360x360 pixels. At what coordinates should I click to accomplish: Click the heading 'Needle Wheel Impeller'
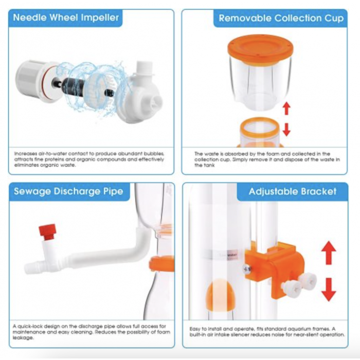tap(66, 17)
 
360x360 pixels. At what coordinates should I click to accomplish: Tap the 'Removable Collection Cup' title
tap(281, 18)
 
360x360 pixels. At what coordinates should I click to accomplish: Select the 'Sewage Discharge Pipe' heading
tap(68, 191)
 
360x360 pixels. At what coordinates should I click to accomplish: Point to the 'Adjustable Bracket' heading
tap(293, 191)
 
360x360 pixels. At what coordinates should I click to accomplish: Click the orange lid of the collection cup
tap(260, 49)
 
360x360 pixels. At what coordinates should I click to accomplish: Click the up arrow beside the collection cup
tap(286, 109)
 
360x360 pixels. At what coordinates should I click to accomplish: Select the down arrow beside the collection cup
tap(286, 130)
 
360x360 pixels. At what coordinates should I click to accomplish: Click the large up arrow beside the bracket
tap(329, 253)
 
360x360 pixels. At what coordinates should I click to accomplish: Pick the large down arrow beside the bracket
tap(329, 290)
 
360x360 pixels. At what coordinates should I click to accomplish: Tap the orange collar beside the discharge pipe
tap(161, 263)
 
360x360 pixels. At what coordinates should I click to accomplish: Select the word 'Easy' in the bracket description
tap(195, 329)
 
